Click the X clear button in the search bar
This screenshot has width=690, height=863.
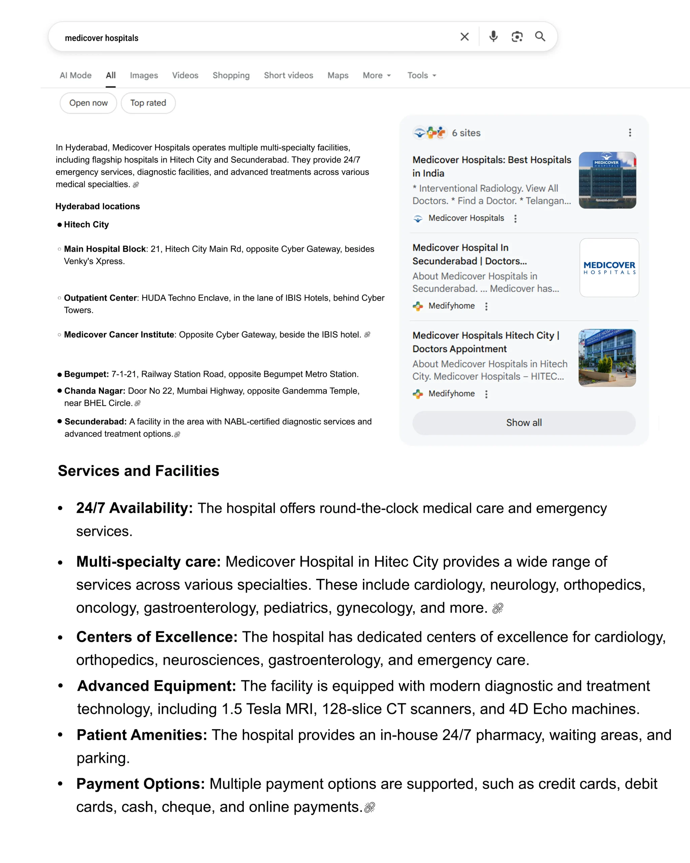pyautogui.click(x=464, y=37)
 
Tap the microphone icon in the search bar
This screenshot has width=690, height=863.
pyautogui.click(x=493, y=37)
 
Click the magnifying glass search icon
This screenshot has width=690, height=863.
pyautogui.click(x=540, y=37)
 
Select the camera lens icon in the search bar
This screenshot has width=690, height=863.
pyautogui.click(x=517, y=37)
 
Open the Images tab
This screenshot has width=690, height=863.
pyautogui.click(x=144, y=75)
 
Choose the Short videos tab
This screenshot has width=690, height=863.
pyautogui.click(x=288, y=75)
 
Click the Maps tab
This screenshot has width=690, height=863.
pyautogui.click(x=338, y=75)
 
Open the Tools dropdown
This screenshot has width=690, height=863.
pyautogui.click(x=421, y=75)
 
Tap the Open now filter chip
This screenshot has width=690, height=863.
pyautogui.click(x=88, y=103)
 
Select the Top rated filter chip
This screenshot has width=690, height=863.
pyautogui.click(x=148, y=103)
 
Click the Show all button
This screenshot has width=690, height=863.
pyautogui.click(x=524, y=423)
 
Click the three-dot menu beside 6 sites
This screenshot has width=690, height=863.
pyautogui.click(x=630, y=133)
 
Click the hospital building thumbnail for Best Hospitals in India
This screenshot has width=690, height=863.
pyautogui.click(x=607, y=180)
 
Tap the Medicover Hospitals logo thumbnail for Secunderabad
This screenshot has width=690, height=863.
pyautogui.click(x=609, y=267)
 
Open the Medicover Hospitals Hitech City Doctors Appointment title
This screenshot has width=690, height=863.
pyautogui.click(x=485, y=342)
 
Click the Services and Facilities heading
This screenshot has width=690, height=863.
pyautogui.click(x=138, y=471)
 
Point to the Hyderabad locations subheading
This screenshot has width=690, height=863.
pyautogui.click(x=98, y=206)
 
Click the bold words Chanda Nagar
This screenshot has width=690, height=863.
pyautogui.click(x=94, y=391)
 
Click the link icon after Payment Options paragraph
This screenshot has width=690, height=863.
pyautogui.click(x=370, y=807)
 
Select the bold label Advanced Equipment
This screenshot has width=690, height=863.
pyautogui.click(x=156, y=686)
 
